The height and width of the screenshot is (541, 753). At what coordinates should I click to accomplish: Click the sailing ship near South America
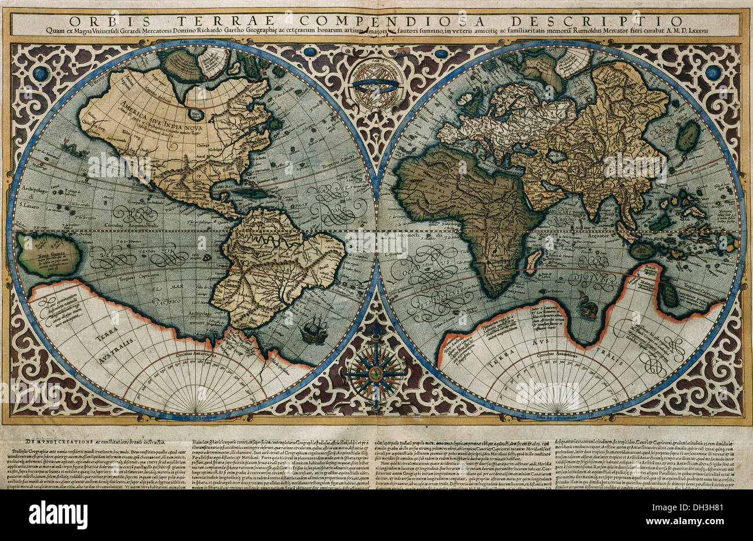coord(312,331)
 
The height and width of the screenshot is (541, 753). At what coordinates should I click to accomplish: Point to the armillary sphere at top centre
coord(377,85)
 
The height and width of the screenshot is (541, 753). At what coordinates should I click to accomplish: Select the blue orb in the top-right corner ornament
coord(712,72)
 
